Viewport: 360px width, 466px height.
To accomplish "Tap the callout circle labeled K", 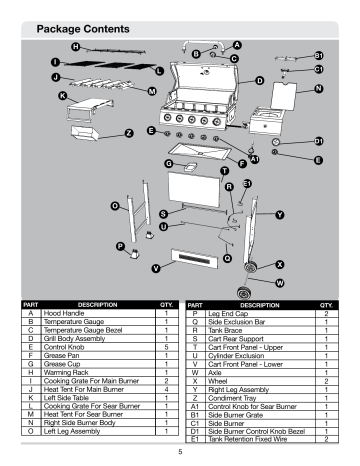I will (63, 96).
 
